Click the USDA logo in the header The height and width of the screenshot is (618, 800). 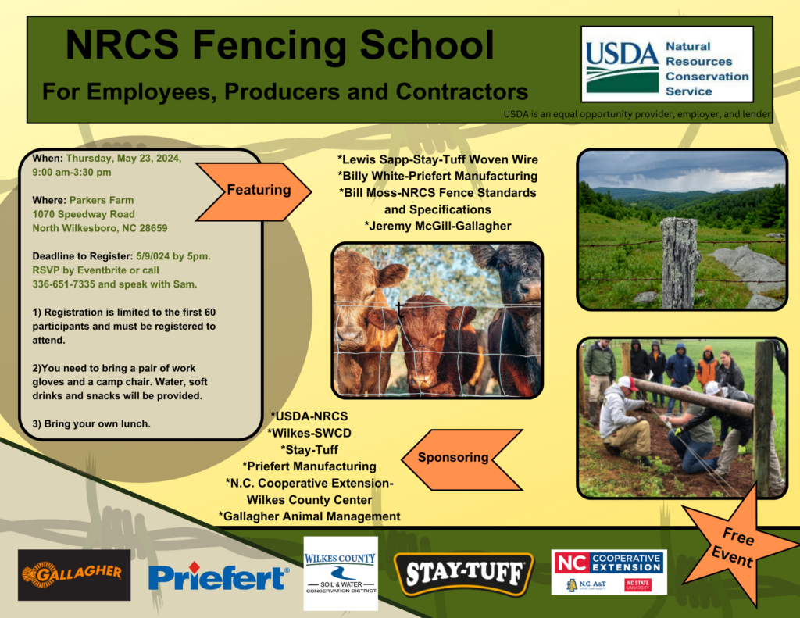pyautogui.click(x=666, y=64)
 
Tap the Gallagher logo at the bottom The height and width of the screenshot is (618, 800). pyautogui.click(x=74, y=574)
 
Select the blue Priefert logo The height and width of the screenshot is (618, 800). pyautogui.click(x=218, y=577)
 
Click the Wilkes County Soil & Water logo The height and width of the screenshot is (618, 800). pyautogui.click(x=340, y=573)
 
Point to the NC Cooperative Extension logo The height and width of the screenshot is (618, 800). pyautogui.click(x=609, y=572)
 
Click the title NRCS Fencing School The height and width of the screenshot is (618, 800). pyautogui.click(x=279, y=45)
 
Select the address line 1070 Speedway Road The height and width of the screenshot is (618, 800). pyautogui.click(x=84, y=214)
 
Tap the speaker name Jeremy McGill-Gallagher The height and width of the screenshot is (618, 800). pyautogui.click(x=437, y=226)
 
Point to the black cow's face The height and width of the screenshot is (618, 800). pyautogui.click(x=516, y=281)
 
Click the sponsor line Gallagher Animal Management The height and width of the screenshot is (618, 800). pyautogui.click(x=309, y=516)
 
